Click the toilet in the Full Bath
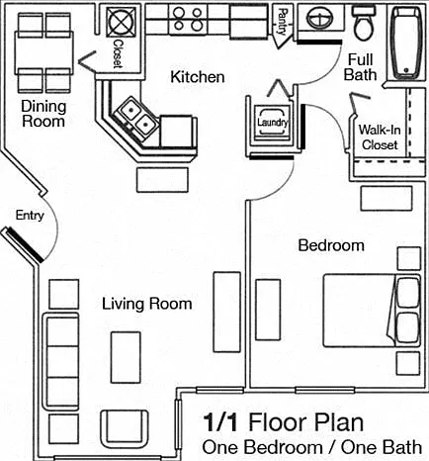point(364,23)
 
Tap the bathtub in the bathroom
point(406,43)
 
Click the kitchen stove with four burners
point(188,20)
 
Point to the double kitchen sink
point(136,118)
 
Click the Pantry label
point(283,22)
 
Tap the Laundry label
point(273,123)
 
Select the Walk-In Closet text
point(380,138)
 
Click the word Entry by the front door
point(30,216)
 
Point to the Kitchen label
point(198,77)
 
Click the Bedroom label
point(331,245)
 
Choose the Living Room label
point(147,304)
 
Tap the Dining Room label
point(43,114)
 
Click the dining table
point(43,52)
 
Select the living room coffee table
point(126,357)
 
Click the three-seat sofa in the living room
point(61,361)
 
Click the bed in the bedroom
point(372,311)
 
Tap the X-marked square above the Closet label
point(121,22)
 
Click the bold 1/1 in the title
point(220,422)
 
